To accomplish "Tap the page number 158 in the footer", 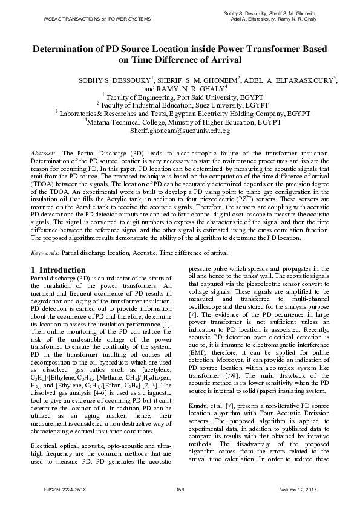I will [180, 489].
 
